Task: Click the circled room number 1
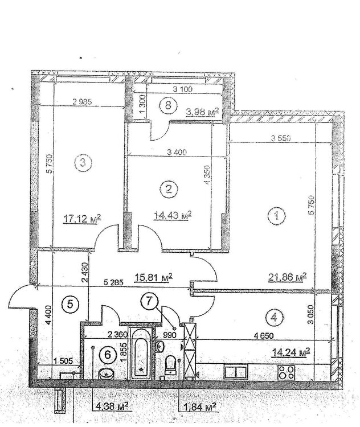tap(277, 216)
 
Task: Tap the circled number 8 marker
tap(168, 105)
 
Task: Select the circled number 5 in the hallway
tap(70, 304)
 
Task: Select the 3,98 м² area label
tap(202, 112)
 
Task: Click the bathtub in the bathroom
tap(141, 353)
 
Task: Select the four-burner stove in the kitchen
tap(286, 372)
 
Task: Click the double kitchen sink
tap(235, 372)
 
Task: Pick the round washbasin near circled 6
tap(107, 373)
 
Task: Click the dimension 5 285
tap(112, 282)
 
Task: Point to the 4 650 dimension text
tap(263, 335)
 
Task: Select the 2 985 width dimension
tap(82, 101)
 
